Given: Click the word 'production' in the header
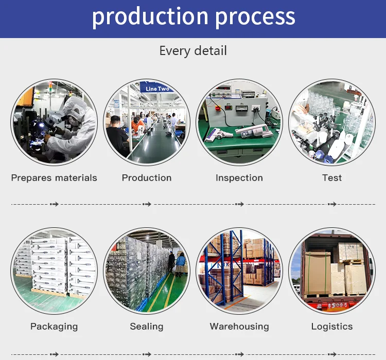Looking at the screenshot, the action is (x=150, y=16).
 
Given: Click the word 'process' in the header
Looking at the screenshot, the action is (x=256, y=16).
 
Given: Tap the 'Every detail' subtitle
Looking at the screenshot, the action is (x=193, y=51).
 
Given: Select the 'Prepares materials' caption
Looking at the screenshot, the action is (x=54, y=178).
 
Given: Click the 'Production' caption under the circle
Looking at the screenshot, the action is (x=147, y=178).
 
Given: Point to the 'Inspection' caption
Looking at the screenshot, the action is (x=239, y=178).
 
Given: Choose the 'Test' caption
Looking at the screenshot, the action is (x=332, y=178).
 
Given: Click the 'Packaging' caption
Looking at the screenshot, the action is (x=54, y=327).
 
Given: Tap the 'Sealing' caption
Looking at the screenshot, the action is (x=147, y=327).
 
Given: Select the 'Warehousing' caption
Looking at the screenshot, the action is (x=239, y=327).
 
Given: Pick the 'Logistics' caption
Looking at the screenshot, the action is (x=332, y=327).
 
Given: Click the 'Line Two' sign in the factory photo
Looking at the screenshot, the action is (x=157, y=89).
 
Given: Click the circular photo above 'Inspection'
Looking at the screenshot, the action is (x=239, y=122).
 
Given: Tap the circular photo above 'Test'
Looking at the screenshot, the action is (x=332, y=122).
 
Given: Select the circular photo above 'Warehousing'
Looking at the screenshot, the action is (x=239, y=271).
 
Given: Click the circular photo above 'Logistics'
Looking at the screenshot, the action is (x=332, y=271).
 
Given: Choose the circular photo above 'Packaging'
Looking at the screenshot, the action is (x=54, y=271).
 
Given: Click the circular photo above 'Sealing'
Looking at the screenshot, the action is (x=147, y=271).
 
